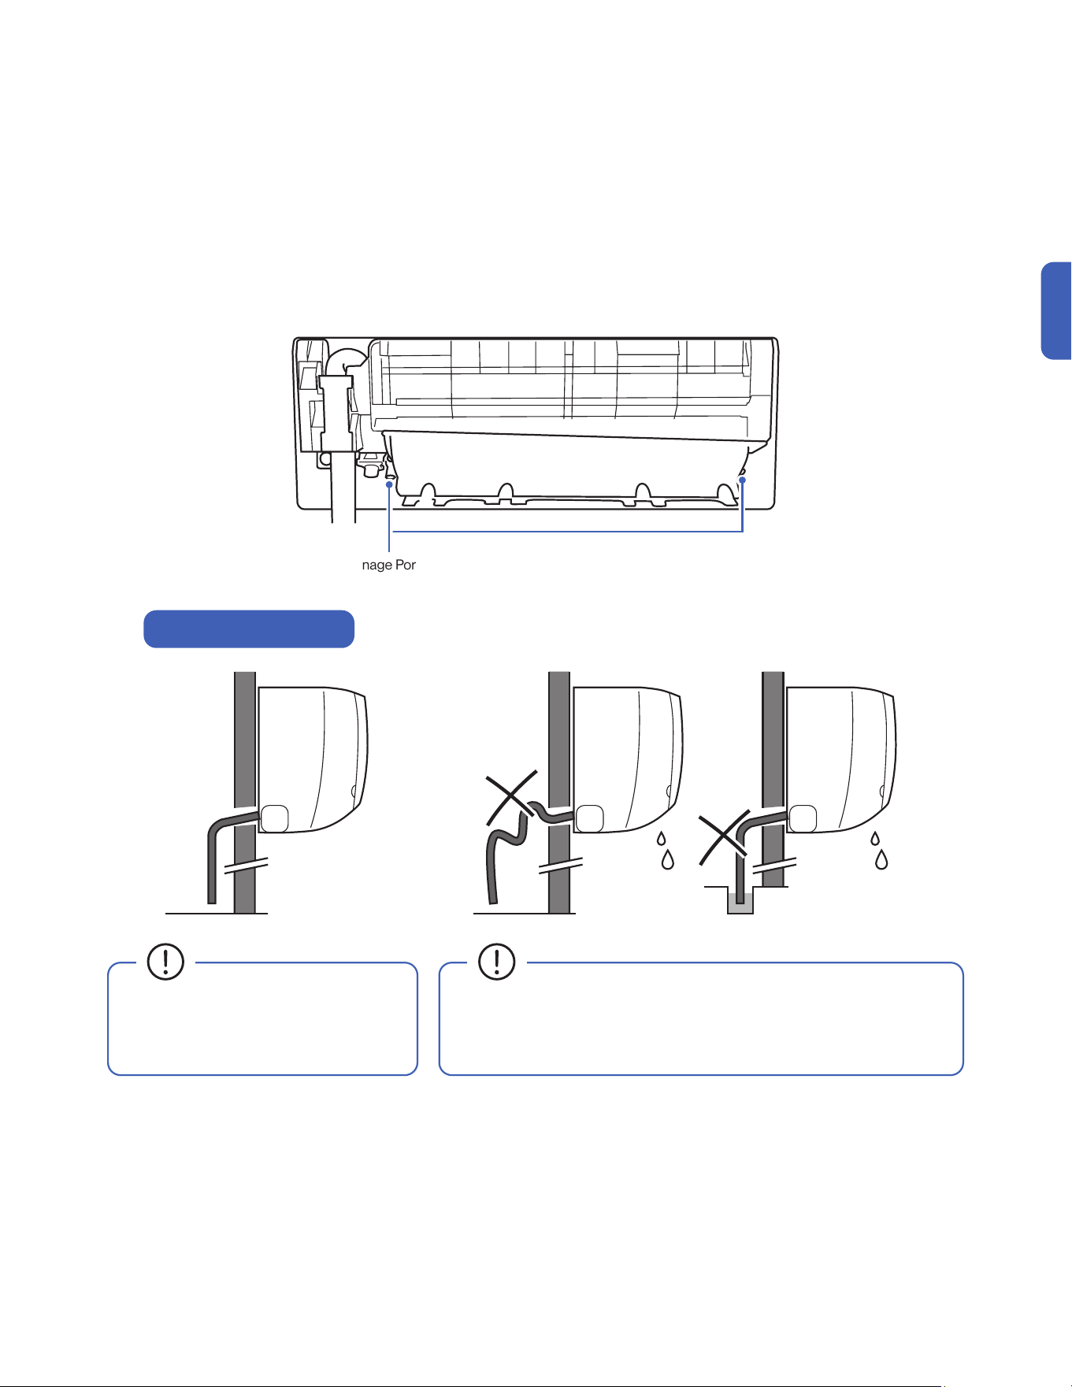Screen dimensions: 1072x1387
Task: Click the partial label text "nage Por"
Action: point(389,565)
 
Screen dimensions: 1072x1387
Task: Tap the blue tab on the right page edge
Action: point(1057,310)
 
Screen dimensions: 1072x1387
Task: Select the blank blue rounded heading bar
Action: point(249,629)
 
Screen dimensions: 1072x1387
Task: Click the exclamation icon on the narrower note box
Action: point(165,962)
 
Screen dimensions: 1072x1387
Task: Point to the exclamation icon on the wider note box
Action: point(497,962)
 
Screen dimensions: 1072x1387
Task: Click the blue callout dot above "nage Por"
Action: point(389,486)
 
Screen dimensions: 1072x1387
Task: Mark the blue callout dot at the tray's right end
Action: point(742,480)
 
